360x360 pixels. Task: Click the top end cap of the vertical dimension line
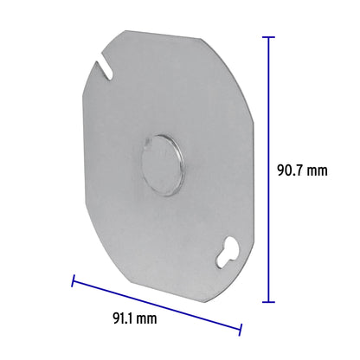coord(269,37)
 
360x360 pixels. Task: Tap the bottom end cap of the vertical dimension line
coord(269,301)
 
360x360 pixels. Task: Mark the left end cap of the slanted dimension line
coord(73,280)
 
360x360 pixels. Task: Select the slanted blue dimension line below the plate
coord(156,304)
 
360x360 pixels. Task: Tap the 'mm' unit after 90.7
coord(318,170)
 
